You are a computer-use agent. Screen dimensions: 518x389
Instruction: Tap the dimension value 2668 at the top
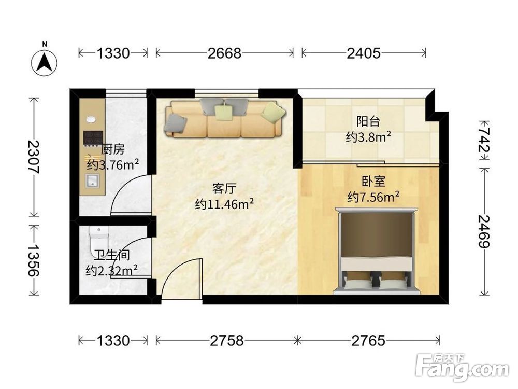[224, 53]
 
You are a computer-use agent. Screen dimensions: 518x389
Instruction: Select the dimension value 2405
[364, 53]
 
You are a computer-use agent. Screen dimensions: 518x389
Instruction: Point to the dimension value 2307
[33, 157]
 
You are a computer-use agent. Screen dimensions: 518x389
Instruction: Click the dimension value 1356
[33, 261]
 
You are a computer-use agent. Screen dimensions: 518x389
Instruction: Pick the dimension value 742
[484, 141]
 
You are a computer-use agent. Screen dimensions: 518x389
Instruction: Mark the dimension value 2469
[484, 231]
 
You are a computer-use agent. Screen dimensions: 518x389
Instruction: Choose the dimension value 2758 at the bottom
[227, 341]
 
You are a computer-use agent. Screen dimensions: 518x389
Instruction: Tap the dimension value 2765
[368, 341]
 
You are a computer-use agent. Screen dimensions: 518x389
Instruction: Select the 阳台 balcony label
[368, 121]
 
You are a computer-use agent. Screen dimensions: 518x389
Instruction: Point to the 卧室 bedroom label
[373, 182]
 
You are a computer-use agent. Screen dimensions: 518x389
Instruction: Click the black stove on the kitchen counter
[93, 138]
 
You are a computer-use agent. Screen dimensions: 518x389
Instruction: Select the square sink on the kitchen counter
[93, 181]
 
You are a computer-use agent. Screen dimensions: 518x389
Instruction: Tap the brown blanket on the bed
[376, 234]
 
